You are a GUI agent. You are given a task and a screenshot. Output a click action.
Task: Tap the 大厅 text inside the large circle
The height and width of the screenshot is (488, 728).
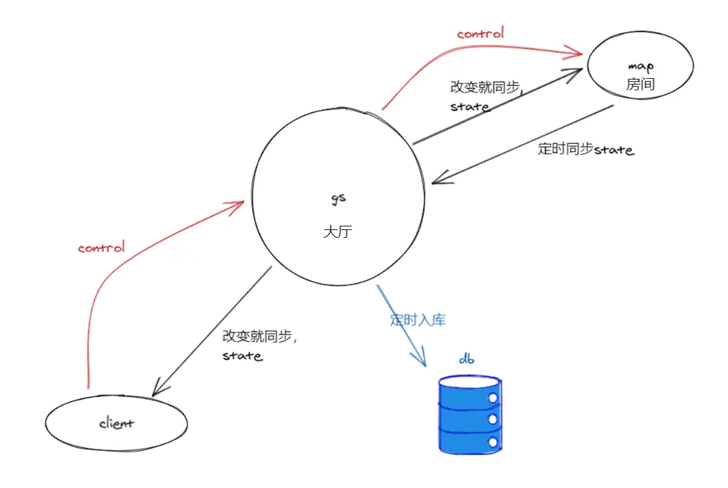click(x=336, y=232)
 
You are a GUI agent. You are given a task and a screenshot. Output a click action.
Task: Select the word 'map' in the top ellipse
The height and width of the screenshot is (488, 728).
click(x=640, y=67)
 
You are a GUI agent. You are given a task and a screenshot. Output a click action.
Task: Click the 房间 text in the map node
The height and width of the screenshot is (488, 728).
click(x=640, y=85)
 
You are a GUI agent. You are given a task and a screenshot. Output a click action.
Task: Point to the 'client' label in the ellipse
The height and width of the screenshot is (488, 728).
click(x=116, y=423)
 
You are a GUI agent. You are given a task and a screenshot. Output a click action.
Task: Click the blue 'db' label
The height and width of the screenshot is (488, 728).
click(x=466, y=358)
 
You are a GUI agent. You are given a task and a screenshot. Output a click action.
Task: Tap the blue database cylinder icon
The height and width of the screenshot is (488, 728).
click(x=469, y=416)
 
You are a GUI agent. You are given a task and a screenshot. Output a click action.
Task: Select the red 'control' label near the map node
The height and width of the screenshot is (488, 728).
click(x=480, y=33)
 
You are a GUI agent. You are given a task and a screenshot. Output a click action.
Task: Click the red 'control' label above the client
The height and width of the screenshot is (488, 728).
click(x=101, y=248)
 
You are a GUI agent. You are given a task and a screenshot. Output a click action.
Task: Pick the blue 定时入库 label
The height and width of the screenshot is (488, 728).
click(x=417, y=320)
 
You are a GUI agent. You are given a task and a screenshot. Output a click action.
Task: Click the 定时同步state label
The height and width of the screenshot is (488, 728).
click(x=586, y=150)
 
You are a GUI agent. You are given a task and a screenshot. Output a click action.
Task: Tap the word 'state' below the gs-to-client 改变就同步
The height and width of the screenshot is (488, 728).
click(x=242, y=355)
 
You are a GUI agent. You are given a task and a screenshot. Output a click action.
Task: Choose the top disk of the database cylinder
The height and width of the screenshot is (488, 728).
click(x=469, y=390)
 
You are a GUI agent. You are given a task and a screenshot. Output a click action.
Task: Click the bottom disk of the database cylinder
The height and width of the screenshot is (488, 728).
click(x=469, y=441)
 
